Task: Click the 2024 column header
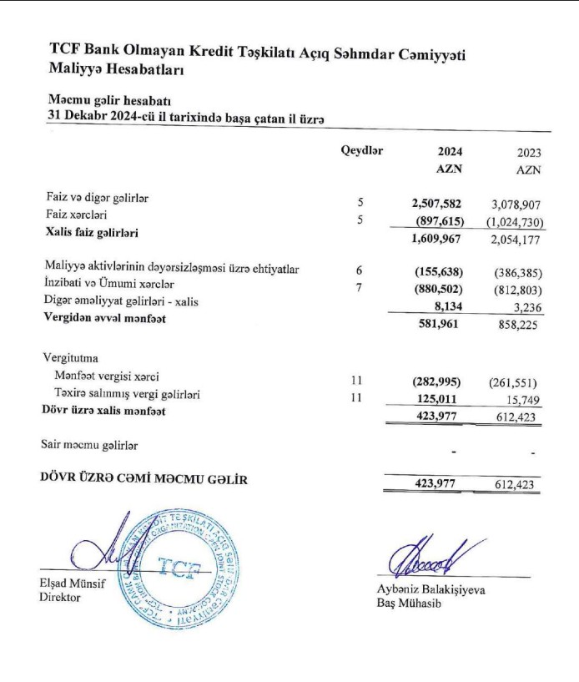pos(450,152)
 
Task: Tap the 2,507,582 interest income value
pos(436,203)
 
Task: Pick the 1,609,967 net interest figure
pos(436,240)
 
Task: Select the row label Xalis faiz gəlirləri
pos(92,232)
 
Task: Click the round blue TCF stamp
pos(185,568)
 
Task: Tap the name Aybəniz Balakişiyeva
pos(430,589)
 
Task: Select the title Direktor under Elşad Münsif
pos(59,598)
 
